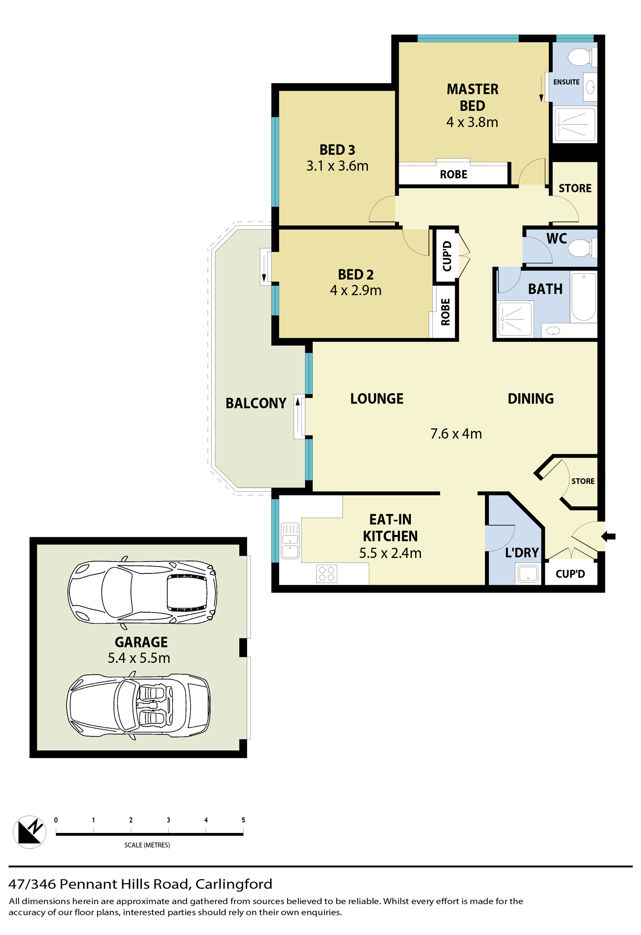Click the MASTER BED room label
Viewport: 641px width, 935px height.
click(472, 97)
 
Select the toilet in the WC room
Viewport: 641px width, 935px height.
click(582, 248)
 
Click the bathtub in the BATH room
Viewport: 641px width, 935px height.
click(583, 297)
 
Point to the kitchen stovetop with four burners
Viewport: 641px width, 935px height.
click(326, 573)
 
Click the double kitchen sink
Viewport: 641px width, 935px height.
click(290, 541)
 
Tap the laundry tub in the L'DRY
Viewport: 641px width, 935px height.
click(528, 573)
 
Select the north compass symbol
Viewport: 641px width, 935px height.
click(29, 832)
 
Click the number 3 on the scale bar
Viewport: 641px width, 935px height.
click(168, 820)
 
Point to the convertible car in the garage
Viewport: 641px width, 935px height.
click(138, 705)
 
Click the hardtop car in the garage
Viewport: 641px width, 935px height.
click(142, 592)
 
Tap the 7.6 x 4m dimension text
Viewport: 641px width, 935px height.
click(456, 434)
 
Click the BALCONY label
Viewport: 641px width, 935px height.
click(256, 403)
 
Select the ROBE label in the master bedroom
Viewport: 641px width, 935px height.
click(453, 174)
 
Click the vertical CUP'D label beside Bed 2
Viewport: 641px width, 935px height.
click(447, 256)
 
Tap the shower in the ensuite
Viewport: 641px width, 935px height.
click(574, 125)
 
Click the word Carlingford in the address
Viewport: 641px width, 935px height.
click(234, 884)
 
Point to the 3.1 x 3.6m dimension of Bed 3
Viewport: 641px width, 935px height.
click(337, 166)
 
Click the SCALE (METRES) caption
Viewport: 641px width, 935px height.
click(147, 845)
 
